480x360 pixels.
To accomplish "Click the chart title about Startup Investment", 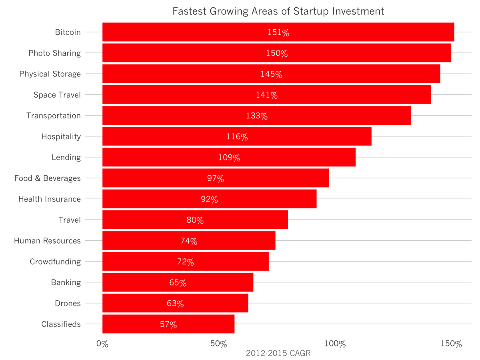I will click(278, 11).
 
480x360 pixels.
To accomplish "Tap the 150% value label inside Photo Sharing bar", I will click(277, 53).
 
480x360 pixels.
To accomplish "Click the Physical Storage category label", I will click(50, 74).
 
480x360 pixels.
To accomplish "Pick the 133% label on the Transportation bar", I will click(256, 116).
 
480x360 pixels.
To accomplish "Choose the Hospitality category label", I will click(61, 137).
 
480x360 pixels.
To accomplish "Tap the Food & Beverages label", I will click(48, 178).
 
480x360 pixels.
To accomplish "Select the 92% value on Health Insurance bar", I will click(209, 199).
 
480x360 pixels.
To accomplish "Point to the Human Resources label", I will click(47, 241).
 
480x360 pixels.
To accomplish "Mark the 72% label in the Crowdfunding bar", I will click(185, 262).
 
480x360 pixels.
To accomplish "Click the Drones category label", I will click(68, 304).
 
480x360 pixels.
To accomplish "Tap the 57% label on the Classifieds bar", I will click(168, 324).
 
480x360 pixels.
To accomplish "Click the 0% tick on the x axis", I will click(102, 344).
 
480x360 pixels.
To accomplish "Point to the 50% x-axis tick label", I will click(218, 344).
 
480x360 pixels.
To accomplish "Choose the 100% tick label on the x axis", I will click(334, 344).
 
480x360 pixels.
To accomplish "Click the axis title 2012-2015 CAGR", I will click(278, 354).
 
